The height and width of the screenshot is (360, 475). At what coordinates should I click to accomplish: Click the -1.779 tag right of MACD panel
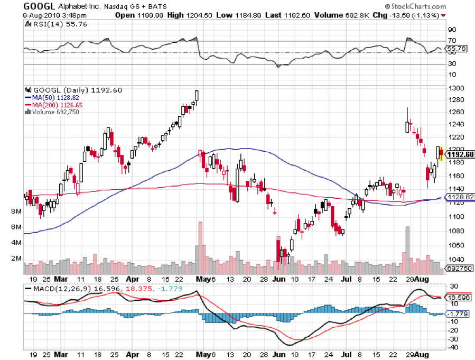click(x=457, y=315)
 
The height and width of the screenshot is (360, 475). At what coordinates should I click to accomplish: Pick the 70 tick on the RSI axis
click(x=452, y=40)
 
